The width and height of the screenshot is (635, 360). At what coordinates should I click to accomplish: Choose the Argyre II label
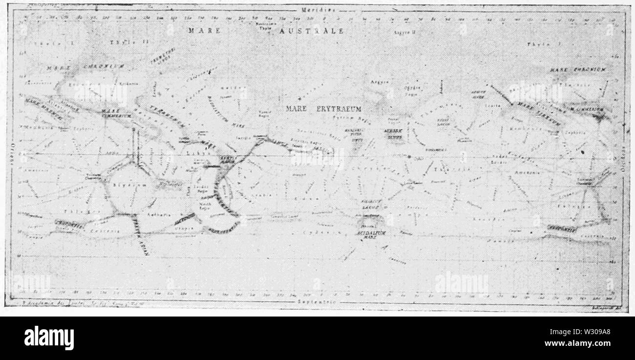point(404,32)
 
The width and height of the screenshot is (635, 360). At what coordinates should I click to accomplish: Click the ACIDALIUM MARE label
point(369,232)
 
